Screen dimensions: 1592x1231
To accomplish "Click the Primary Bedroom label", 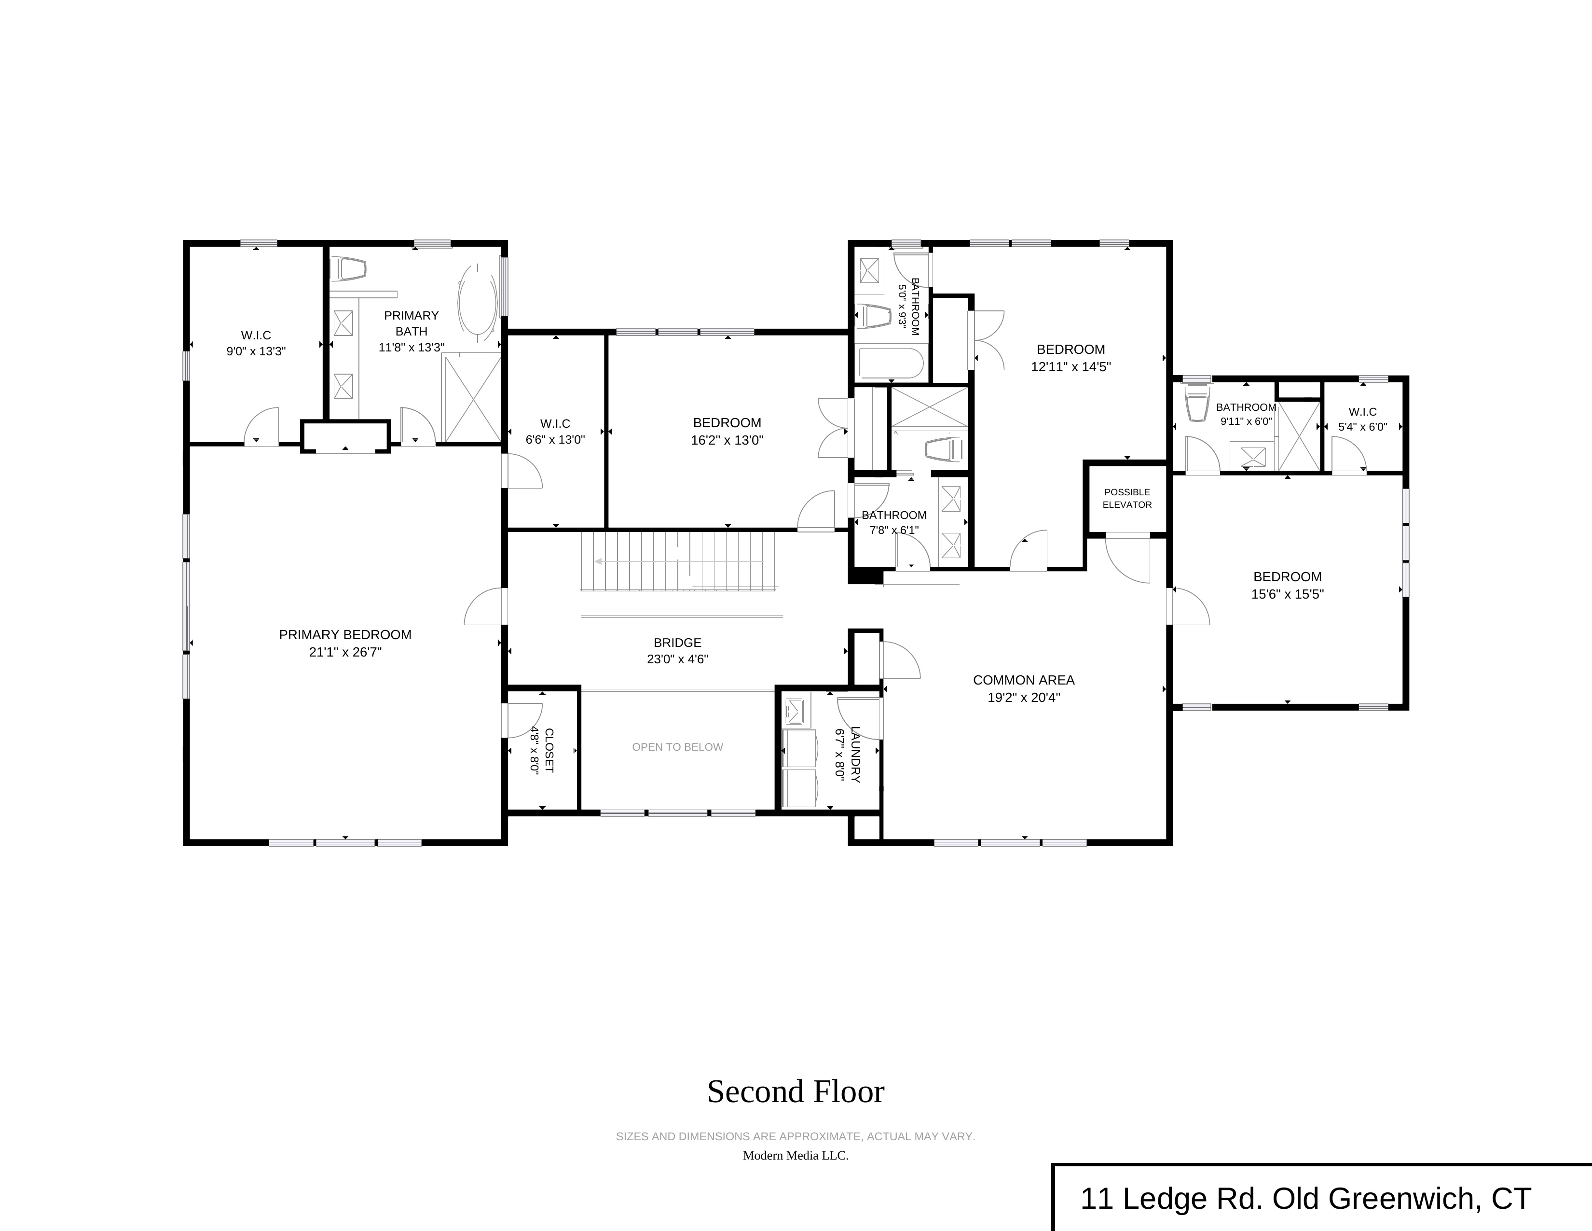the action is [345, 634].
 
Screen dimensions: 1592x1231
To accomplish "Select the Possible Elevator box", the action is [1127, 498].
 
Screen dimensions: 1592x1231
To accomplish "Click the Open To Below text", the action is [677, 747].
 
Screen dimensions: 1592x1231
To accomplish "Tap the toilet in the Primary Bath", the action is [348, 269].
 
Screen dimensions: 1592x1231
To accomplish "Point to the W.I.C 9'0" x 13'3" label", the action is [256, 343].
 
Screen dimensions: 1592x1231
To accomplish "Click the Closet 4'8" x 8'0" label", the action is [542, 750].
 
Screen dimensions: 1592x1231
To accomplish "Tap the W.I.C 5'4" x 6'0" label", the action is [1362, 420].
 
